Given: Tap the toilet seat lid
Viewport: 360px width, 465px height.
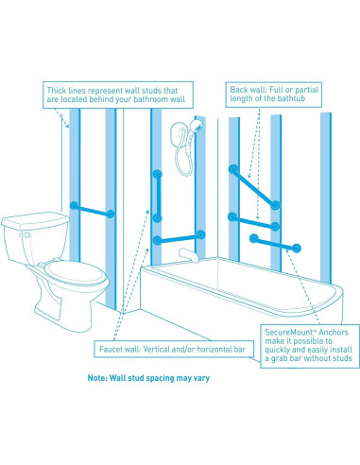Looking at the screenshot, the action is [75, 273].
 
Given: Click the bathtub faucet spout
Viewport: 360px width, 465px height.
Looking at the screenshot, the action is [188, 254].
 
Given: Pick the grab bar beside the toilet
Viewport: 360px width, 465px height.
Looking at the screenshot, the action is [92, 210].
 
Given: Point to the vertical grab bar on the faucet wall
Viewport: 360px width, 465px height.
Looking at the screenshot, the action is [158, 196].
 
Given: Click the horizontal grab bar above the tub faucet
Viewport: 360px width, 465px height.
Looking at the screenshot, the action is [179, 238].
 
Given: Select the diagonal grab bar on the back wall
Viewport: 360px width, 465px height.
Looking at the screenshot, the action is [254, 187].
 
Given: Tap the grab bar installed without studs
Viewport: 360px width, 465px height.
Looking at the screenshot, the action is [275, 243].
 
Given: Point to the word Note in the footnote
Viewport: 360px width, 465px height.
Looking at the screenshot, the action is [97, 378].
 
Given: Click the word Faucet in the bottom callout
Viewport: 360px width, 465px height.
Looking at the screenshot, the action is [111, 349].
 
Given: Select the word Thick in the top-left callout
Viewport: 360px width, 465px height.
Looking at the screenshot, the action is [57, 91].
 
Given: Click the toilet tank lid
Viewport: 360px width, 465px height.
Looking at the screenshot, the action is [35, 219].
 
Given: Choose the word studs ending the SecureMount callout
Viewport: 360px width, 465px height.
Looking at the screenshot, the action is [340, 358].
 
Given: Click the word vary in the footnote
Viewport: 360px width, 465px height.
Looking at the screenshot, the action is [201, 378].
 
